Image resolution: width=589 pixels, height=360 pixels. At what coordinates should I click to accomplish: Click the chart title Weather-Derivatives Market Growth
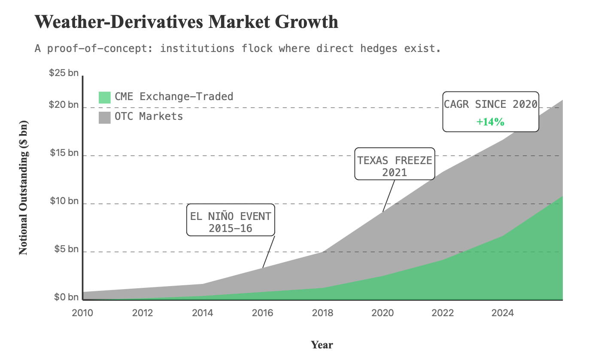pyautogui.click(x=186, y=22)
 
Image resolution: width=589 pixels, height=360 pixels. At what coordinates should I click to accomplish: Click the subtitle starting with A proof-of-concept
pyautogui.click(x=237, y=48)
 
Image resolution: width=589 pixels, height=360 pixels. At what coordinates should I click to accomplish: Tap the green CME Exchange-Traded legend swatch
pyautogui.click(x=105, y=97)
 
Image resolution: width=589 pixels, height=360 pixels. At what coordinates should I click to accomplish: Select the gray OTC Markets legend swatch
pyautogui.click(x=105, y=117)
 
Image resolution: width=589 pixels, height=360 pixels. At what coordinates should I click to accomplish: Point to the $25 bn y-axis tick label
pyautogui.click(x=64, y=73)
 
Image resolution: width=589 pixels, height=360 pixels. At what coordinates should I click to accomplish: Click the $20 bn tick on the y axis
pyautogui.click(x=64, y=105)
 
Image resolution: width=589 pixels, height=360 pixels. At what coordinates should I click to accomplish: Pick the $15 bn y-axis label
pyautogui.click(x=64, y=153)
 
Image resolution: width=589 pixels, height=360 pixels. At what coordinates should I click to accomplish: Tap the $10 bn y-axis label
pyautogui.click(x=64, y=201)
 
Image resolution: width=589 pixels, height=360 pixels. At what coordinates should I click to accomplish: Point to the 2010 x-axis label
pyautogui.click(x=82, y=313)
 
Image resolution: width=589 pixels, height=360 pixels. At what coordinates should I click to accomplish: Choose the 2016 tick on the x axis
pyautogui.click(x=262, y=313)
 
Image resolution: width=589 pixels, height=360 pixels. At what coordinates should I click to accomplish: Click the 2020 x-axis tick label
pyautogui.click(x=383, y=313)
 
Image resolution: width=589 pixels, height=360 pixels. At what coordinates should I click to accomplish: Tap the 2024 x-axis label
pyautogui.click(x=503, y=313)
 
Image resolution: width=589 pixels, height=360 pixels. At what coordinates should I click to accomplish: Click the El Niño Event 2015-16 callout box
pyautogui.click(x=231, y=220)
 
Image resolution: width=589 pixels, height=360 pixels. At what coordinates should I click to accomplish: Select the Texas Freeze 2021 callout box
pyautogui.click(x=395, y=164)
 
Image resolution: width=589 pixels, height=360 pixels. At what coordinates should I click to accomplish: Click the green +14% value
pyautogui.click(x=490, y=122)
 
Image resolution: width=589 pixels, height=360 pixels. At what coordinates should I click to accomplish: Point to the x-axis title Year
pyautogui.click(x=322, y=345)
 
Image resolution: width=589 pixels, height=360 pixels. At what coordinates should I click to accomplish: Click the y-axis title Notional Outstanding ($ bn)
pyautogui.click(x=24, y=187)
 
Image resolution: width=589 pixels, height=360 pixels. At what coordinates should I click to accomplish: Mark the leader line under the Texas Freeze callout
pyautogui.click(x=389, y=195)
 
